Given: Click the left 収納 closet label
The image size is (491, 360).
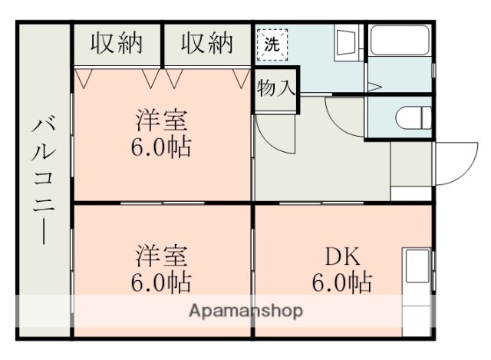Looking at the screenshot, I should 117,44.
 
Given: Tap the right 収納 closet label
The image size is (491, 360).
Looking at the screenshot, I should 206,44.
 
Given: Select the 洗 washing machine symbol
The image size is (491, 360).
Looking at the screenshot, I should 272,43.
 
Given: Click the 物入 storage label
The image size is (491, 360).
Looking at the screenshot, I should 275,87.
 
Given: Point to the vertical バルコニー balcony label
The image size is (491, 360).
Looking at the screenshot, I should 44,181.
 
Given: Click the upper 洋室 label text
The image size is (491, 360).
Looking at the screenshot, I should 163,121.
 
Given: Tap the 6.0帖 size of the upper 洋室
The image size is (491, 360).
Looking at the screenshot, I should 163,146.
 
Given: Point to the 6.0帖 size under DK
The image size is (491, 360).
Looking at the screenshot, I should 341,282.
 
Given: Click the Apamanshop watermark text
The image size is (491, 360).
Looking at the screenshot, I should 245,311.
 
